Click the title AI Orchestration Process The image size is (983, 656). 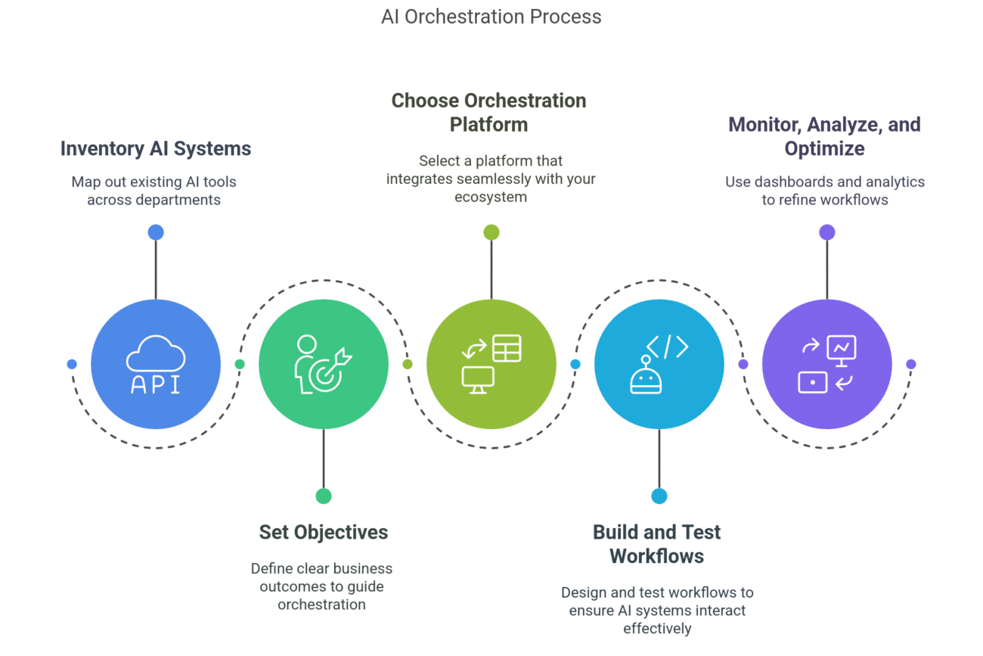(491, 17)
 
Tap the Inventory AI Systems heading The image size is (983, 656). (156, 148)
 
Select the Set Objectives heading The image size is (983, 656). (323, 532)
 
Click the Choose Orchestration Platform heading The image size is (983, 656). (488, 112)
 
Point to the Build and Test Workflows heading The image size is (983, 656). (656, 543)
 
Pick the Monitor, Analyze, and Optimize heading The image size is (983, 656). (824, 136)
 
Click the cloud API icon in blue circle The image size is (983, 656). (156, 364)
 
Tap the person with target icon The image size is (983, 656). (321, 365)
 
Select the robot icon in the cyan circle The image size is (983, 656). (646, 376)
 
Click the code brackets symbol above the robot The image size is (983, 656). (667, 347)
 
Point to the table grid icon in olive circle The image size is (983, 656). (507, 348)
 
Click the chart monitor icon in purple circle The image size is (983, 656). (841, 349)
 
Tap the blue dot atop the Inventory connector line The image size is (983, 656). (156, 232)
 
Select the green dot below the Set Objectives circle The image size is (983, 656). (324, 496)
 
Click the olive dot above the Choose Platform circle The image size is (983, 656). (491, 232)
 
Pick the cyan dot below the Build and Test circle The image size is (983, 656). (659, 496)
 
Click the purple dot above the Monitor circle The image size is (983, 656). (827, 232)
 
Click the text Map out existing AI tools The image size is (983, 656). (153, 182)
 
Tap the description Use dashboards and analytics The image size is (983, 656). (824, 182)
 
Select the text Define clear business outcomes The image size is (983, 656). (321, 568)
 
